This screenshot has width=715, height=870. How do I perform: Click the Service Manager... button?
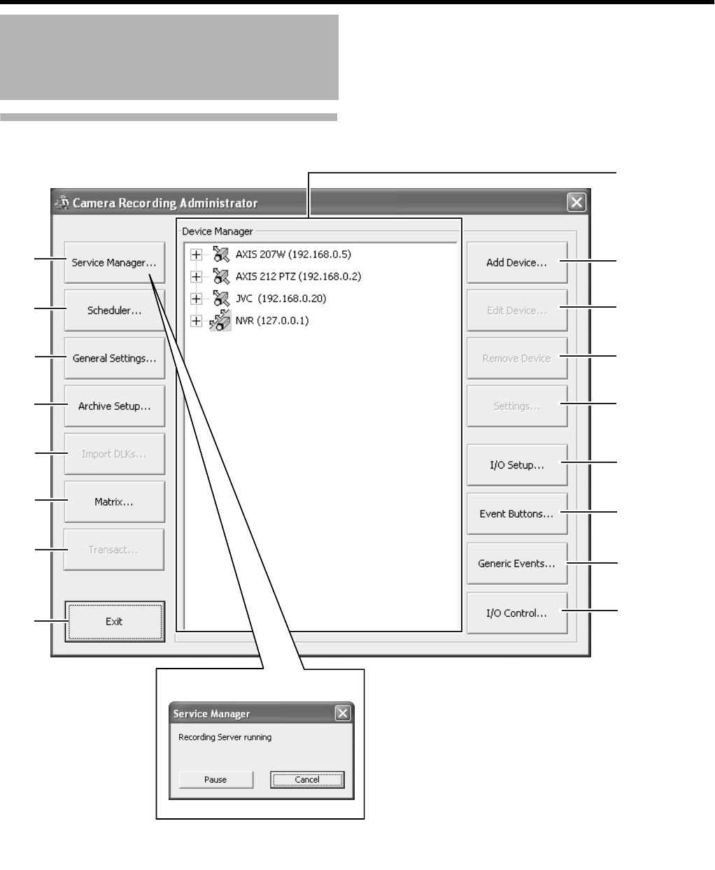tap(114, 263)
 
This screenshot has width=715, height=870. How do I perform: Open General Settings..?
tap(114, 358)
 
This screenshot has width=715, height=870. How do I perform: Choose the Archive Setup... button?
tap(114, 406)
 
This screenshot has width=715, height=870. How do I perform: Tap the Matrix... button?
tap(114, 501)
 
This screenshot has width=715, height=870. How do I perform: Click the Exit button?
tap(114, 621)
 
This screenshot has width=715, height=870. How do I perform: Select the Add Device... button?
tap(516, 263)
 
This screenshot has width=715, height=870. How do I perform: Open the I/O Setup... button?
tap(516, 465)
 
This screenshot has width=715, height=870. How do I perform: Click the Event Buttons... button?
tap(516, 513)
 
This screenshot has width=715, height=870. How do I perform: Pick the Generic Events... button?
tap(516, 563)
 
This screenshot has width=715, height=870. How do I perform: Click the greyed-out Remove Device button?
tap(516, 358)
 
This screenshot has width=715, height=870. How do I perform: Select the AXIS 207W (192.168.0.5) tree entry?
tap(293, 254)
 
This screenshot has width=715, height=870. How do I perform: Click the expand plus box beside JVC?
tap(197, 299)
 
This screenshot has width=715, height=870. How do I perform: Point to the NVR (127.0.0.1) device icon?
tap(220, 321)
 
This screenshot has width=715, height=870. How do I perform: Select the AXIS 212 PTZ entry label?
tap(298, 276)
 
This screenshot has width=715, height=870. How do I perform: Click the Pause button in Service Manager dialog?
tap(215, 779)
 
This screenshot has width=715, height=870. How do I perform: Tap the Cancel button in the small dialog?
tap(307, 779)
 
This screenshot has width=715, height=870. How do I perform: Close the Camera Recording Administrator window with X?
tap(576, 203)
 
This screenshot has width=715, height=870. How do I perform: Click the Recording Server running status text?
tap(225, 737)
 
